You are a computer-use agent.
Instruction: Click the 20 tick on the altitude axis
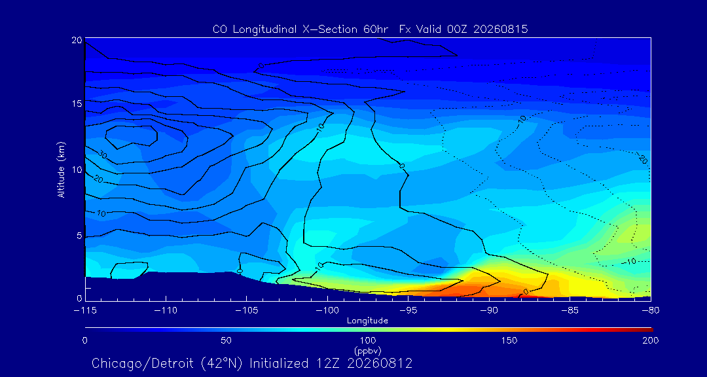click(77, 40)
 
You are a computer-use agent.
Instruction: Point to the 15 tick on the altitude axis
click(77, 103)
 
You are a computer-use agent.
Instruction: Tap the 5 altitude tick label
click(79, 236)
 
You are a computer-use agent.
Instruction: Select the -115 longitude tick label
click(85, 311)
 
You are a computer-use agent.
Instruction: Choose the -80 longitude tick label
click(651, 311)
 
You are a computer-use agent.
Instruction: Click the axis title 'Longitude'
click(367, 321)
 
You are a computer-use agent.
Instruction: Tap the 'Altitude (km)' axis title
click(62, 170)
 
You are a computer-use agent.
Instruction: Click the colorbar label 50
click(227, 340)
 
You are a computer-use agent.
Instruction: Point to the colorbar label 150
click(509, 340)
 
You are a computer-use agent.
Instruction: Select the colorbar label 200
click(651, 340)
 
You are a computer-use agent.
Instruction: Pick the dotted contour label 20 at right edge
click(643, 158)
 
